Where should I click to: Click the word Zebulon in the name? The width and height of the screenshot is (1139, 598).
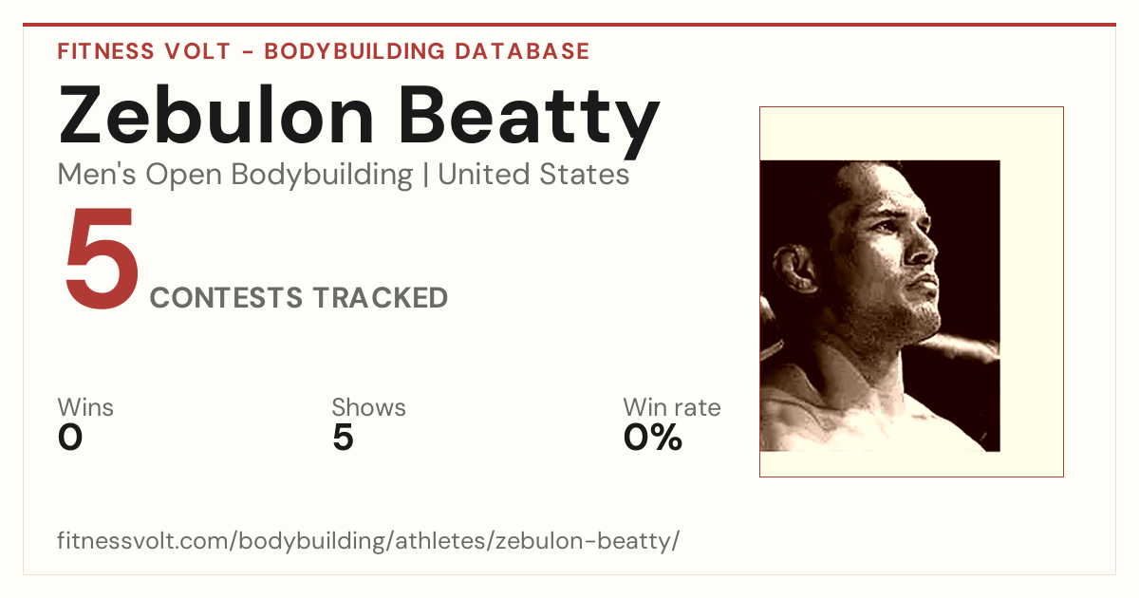coord(216,116)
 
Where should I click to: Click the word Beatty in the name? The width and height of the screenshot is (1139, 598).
coord(530,122)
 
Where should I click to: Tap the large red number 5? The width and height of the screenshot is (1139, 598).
coord(102,257)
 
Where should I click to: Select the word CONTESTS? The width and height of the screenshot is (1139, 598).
coord(226,297)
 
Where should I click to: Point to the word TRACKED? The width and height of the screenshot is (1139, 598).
coord(381,297)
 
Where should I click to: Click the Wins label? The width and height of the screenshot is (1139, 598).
coord(85,407)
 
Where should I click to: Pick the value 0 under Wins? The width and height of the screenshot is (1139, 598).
coord(70,438)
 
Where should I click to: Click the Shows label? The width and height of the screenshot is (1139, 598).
coord(368,407)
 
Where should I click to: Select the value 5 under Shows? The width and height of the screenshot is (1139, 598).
coord(344,438)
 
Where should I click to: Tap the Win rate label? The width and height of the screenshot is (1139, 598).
coord(672,407)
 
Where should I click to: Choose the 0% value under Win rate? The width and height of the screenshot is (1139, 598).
coord(653,438)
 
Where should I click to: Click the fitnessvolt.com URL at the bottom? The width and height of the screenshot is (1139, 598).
coord(368,540)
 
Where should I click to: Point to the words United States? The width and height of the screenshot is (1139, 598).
coord(533,175)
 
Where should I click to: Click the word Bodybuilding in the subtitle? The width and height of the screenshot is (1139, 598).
coord(322,176)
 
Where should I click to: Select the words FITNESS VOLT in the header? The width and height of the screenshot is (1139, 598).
coord(144,51)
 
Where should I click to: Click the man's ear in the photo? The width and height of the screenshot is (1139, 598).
coord(794,270)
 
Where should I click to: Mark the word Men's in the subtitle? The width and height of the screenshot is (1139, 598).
coord(97,175)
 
